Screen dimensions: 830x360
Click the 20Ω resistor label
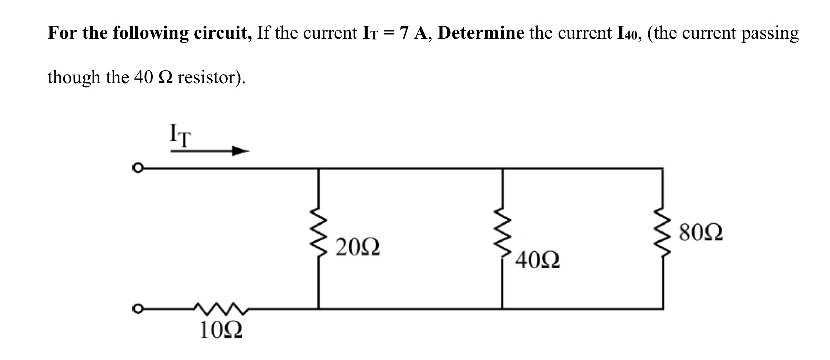[357, 248]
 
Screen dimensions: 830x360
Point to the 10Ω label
[221, 330]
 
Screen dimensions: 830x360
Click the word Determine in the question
[481, 33]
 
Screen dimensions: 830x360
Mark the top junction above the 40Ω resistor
[503, 168]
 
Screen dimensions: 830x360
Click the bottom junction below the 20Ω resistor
[319, 308]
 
